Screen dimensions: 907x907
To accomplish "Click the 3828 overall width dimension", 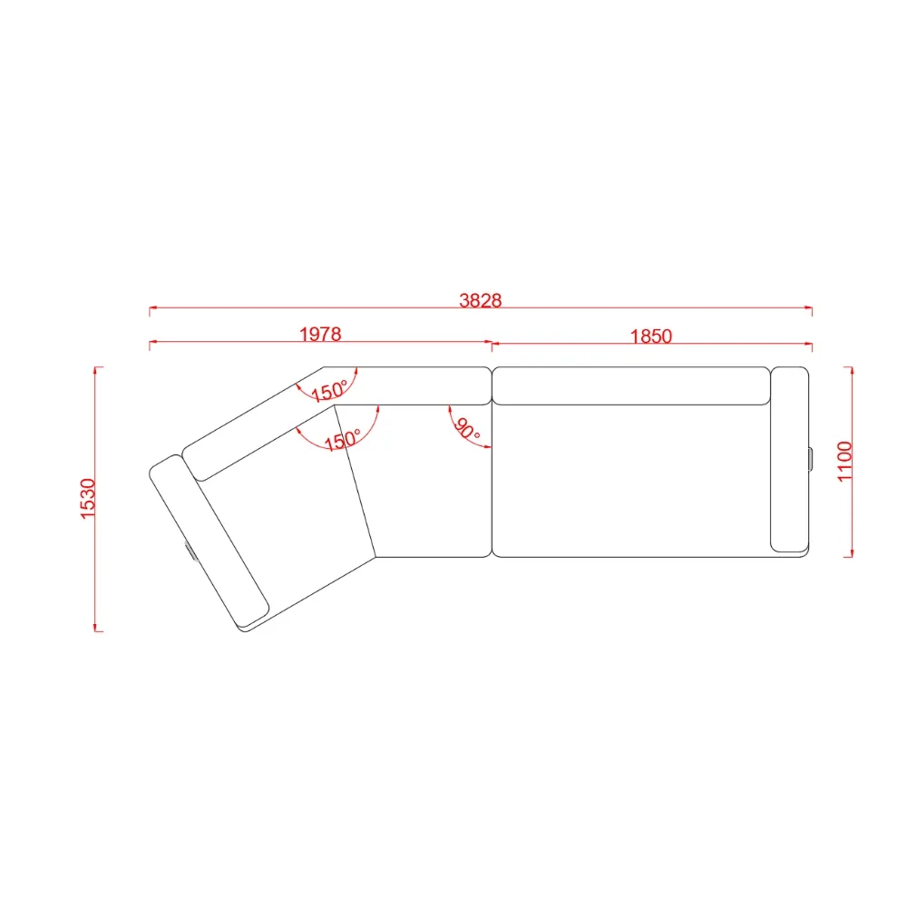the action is [481, 300].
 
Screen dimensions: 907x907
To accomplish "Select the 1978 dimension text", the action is [320, 334].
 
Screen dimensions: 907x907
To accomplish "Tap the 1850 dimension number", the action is [650, 336].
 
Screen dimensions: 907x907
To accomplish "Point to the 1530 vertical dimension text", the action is [87, 499].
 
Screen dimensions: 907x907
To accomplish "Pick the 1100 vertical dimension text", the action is [845, 461].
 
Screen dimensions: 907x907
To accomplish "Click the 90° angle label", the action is [467, 429].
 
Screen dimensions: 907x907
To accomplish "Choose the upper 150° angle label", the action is [329, 391].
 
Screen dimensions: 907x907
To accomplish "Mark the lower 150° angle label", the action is [343, 440].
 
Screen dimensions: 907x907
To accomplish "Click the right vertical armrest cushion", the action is [790, 459].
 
